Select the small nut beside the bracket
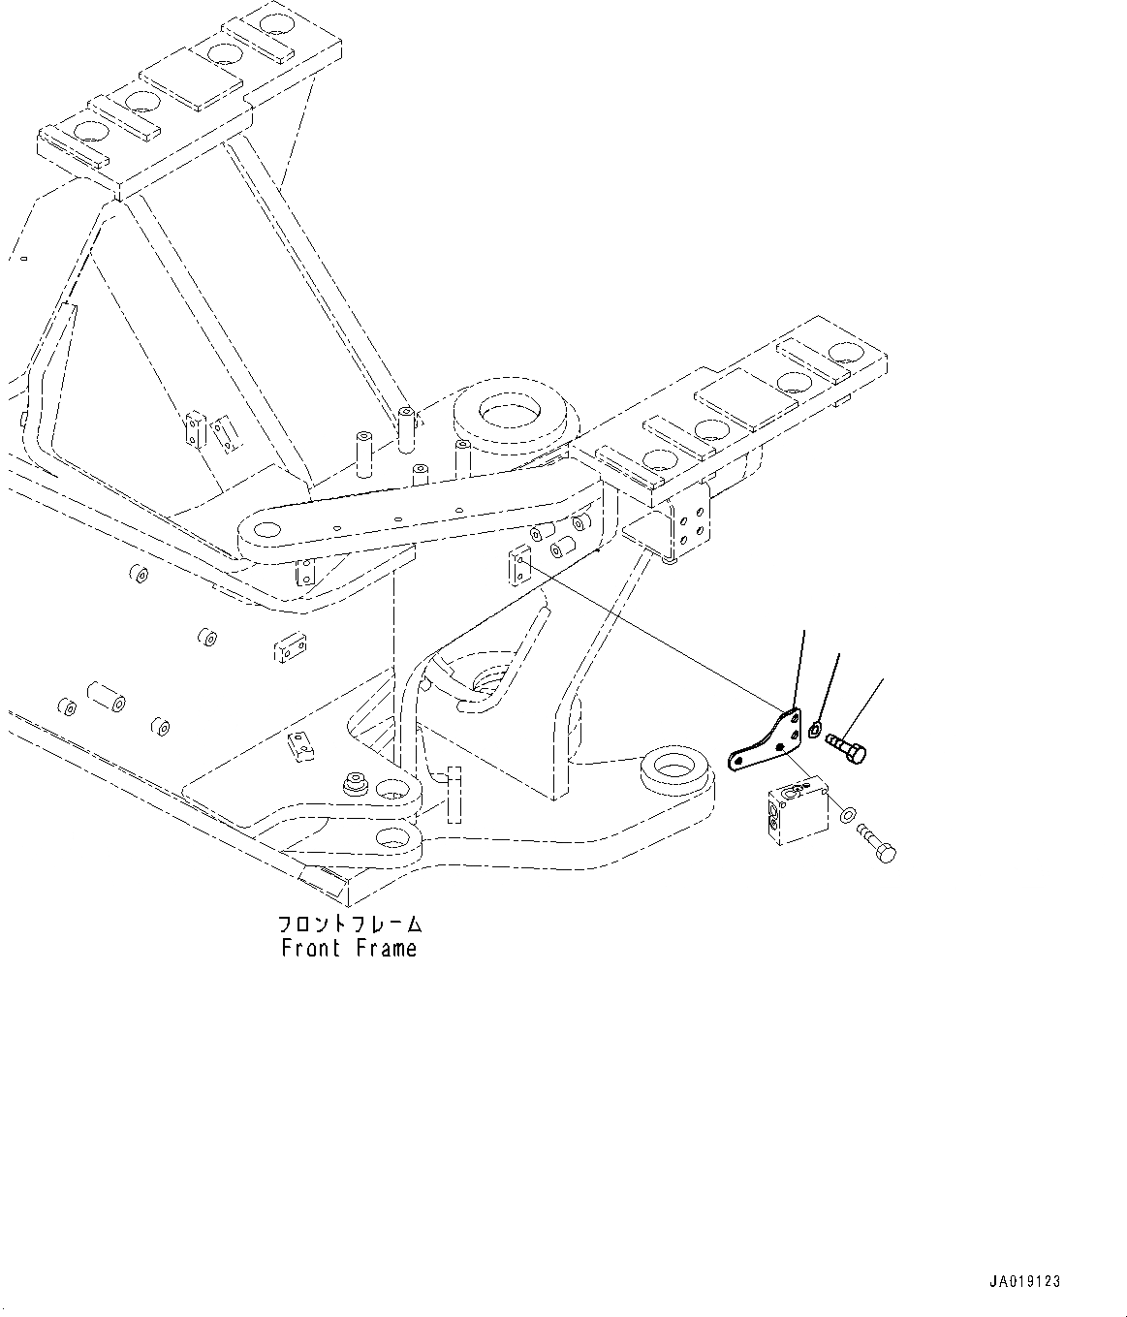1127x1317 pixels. pos(816,728)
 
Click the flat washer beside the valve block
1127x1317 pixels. pos(849,815)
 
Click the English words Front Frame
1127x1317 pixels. pos(349,948)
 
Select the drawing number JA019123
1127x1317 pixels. pos(1025,1281)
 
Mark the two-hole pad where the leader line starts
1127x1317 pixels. pos(518,564)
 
